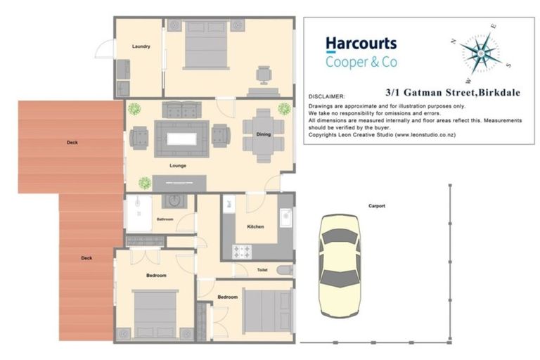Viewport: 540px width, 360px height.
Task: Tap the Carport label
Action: [x=376, y=206]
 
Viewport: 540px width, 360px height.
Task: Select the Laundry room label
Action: [x=141, y=46]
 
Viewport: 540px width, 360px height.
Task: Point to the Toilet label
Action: [x=262, y=269]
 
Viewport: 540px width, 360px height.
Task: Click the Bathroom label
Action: [x=165, y=219]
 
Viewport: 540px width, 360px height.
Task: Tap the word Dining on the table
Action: [x=263, y=134]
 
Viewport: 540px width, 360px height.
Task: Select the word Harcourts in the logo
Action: [x=361, y=45]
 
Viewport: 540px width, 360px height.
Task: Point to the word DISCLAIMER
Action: [x=327, y=96]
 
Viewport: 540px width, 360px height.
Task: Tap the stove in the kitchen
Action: [x=243, y=250]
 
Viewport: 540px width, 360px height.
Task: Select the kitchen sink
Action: [x=285, y=219]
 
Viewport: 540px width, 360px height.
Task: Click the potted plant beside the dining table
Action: [x=284, y=109]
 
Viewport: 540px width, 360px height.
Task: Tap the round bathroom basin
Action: [x=171, y=202]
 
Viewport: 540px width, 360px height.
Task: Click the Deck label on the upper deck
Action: [x=72, y=143]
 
